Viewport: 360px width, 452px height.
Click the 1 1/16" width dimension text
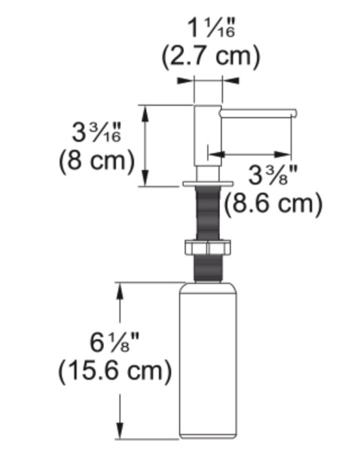click(209, 29)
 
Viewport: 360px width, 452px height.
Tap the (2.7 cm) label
click(210, 56)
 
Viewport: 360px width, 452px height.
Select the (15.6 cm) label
click(114, 371)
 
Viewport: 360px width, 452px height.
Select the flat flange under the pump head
click(208, 183)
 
